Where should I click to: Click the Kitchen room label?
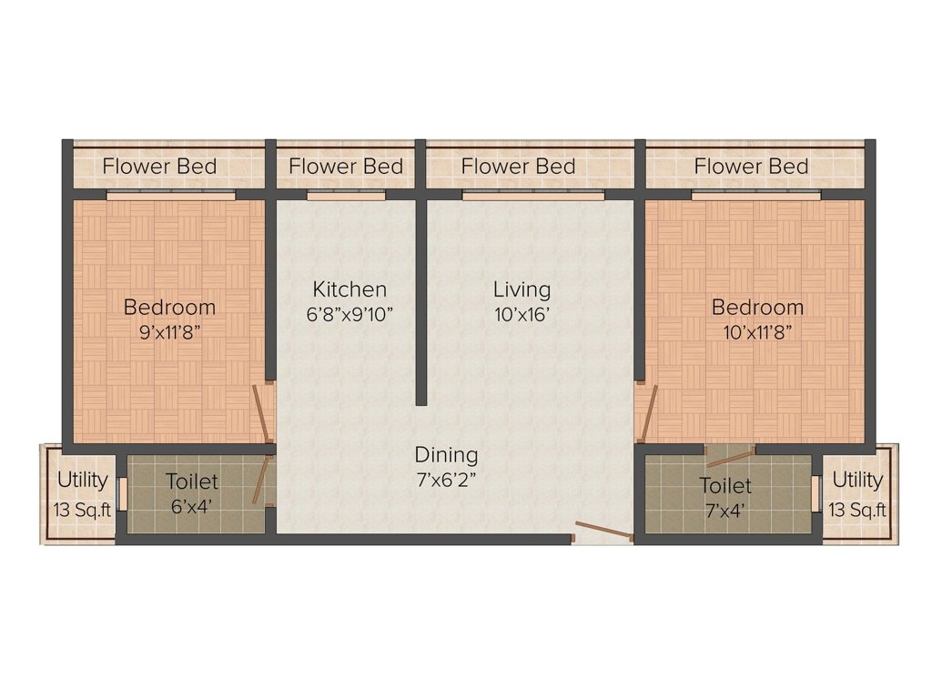coord(349,289)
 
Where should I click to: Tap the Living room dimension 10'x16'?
coord(522,314)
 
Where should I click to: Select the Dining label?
coord(446,455)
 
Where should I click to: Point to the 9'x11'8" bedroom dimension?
coord(169,332)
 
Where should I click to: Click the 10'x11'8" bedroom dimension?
coord(757,332)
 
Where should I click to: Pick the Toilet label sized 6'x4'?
coord(192,481)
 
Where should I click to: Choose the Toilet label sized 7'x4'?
coord(725,486)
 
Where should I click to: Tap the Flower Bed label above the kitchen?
coord(346,167)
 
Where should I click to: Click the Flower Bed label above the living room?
coord(518,167)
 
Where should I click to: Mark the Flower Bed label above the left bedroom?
coord(160,167)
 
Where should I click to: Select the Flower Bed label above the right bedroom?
coord(751,167)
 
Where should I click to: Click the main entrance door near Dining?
coord(604,531)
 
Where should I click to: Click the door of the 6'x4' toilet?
coord(260,481)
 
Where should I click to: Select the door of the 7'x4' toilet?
coord(731,457)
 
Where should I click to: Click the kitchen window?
coord(347,196)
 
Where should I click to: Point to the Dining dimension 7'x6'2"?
coord(446,481)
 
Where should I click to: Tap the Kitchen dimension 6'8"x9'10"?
coord(349,314)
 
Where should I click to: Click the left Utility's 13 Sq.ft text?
coord(83,510)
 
